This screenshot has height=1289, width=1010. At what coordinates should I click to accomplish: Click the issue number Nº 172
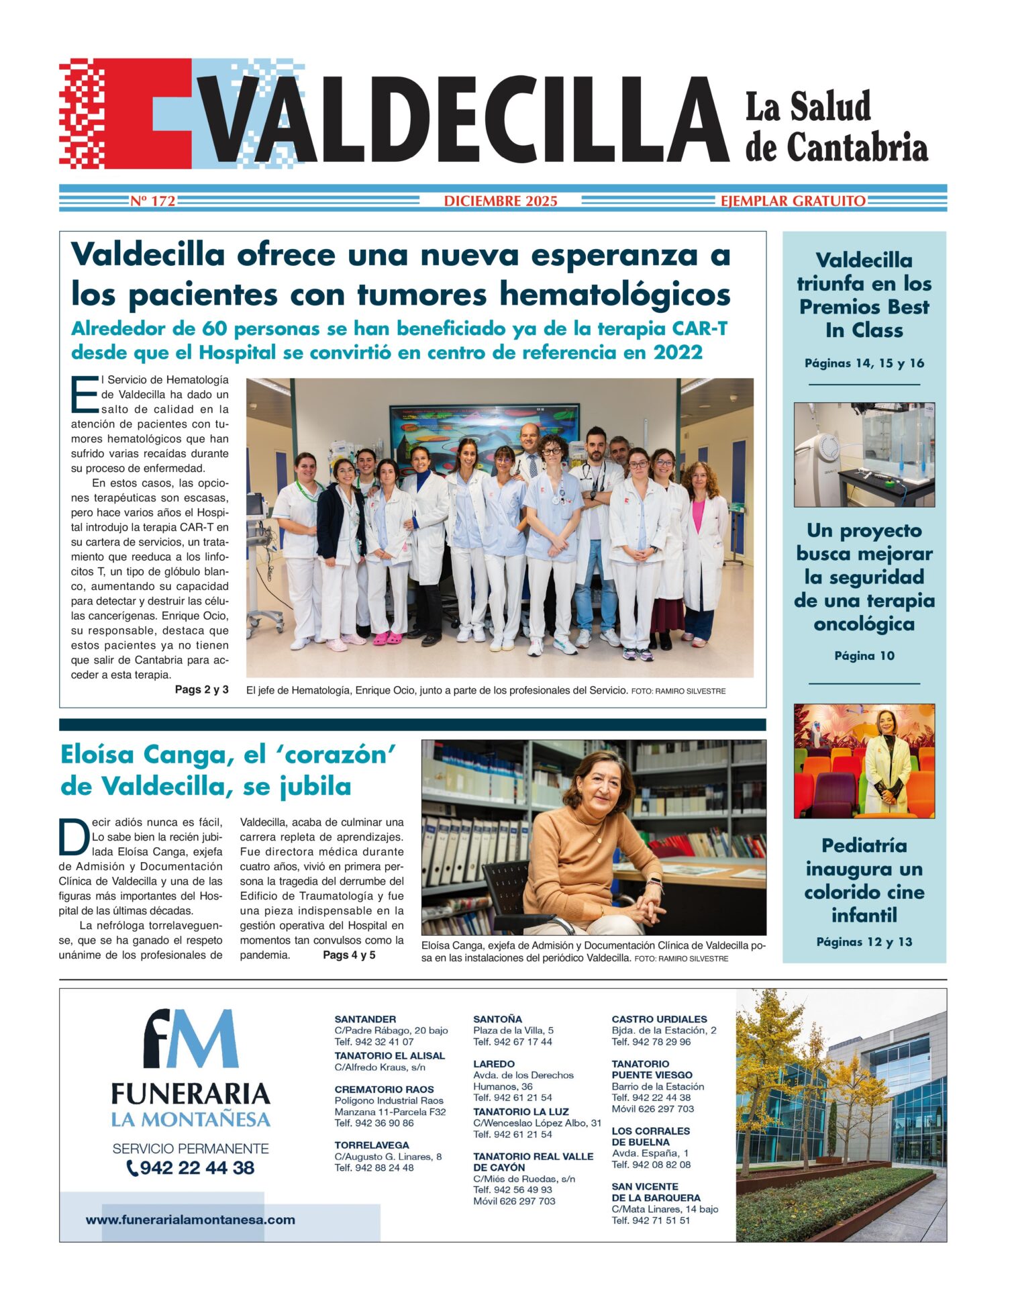point(152,201)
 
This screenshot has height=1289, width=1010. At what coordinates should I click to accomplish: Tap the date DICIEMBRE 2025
point(500,201)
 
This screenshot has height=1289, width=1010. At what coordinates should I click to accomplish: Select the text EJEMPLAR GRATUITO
point(793,201)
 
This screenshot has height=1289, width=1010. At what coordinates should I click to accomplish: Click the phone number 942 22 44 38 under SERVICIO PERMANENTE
point(197,1167)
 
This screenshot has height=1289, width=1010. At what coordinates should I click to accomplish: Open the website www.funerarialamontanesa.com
point(190,1220)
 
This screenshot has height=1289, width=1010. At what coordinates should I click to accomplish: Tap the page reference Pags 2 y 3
point(201,689)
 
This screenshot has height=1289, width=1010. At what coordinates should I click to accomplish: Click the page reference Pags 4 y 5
point(349,955)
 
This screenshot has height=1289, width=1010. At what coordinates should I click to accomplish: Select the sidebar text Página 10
point(864,656)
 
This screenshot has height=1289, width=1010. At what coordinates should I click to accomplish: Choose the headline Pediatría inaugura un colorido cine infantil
point(864,880)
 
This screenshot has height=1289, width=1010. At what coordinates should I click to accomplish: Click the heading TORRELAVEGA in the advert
point(371,1145)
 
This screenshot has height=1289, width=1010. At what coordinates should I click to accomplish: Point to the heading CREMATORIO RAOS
point(384,1090)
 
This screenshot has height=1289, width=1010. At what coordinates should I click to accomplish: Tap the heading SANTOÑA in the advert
point(497,1019)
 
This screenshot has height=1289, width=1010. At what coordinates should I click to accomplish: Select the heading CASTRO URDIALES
point(659,1019)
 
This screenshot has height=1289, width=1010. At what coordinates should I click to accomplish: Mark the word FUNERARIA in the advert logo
point(191,1094)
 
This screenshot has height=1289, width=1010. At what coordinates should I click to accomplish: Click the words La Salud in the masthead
point(807,107)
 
